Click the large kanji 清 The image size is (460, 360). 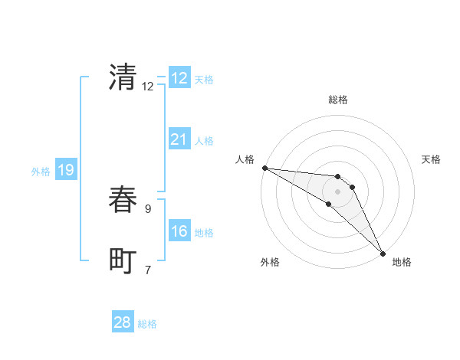[123, 77]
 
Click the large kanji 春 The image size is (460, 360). [123, 200]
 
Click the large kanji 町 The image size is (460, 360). [123, 261]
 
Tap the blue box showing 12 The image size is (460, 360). [179, 78]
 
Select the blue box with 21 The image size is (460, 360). [179, 139]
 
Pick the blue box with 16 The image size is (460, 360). [179, 231]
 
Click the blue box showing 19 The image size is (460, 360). [66, 170]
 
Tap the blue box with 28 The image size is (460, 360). [123, 322]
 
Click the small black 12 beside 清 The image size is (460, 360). [148, 87]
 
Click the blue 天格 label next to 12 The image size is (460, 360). [204, 80]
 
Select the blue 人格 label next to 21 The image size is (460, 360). [204, 141]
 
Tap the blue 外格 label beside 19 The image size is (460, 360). [41, 172]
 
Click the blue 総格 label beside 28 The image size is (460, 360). [147, 324]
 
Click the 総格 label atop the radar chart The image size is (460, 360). [338, 100]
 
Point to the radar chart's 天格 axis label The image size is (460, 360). [432, 159]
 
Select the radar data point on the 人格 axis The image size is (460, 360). [264, 168]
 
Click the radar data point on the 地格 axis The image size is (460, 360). [383, 253]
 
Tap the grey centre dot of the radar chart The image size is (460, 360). [338, 191]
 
